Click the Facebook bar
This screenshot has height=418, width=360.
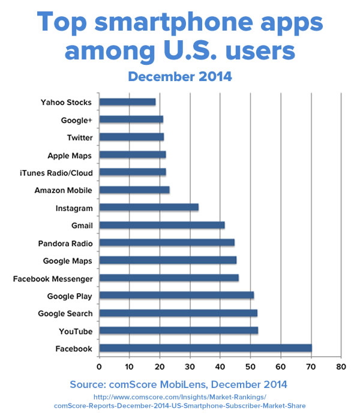click(205, 348)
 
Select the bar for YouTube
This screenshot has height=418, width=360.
click(178, 330)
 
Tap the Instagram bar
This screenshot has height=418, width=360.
click(149, 208)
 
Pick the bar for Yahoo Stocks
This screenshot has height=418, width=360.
click(127, 102)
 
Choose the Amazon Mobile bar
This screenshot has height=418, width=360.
click(134, 190)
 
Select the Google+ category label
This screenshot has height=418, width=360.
click(77, 120)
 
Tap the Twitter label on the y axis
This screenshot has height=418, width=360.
click(80, 138)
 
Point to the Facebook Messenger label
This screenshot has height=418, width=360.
click(53, 279)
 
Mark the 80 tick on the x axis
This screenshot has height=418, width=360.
click(341, 365)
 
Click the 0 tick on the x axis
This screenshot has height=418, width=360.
click(99, 365)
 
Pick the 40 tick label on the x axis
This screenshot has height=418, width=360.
click(220, 365)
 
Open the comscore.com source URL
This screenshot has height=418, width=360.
click(180, 401)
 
